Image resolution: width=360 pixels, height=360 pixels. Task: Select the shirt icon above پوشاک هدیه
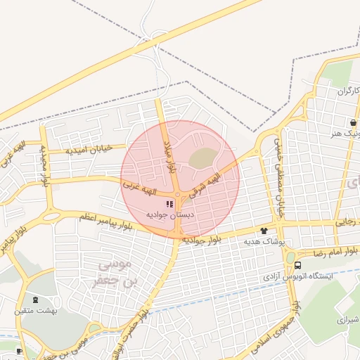[x=264, y=230]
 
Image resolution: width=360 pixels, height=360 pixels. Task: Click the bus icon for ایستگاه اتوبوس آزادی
[x=298, y=266]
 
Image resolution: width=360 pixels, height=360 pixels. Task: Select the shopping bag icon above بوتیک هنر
[x=352, y=121]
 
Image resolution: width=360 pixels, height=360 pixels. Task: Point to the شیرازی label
[x=348, y=319]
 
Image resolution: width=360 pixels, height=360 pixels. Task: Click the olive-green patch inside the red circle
[x=201, y=158]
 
